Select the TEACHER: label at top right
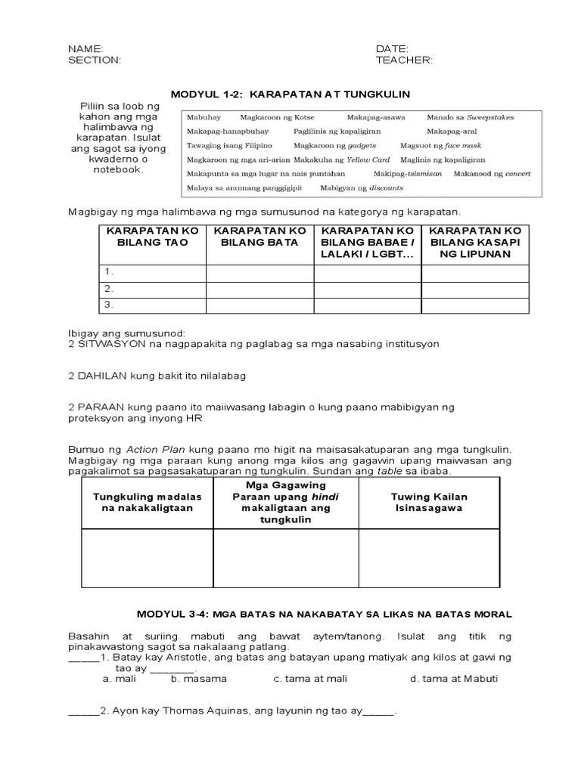pos(404,61)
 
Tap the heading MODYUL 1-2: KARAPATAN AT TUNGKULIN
pos(290,94)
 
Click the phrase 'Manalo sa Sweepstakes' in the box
pos(470,118)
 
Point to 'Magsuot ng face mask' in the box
pos(440,145)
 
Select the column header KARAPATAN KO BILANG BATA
pos(260,236)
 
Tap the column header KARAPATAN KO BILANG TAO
pos(152,236)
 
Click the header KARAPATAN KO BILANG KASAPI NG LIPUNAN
pos(474,242)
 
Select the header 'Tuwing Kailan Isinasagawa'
pos(429,503)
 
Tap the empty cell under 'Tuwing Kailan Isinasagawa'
pos(429,558)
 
